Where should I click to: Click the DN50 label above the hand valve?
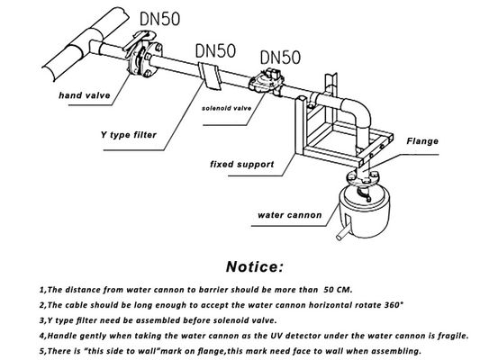(159, 19)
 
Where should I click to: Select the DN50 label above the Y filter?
(215, 51)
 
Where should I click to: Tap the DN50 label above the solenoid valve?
(280, 58)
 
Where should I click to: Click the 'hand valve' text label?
(85, 95)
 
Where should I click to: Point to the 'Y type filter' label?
(129, 135)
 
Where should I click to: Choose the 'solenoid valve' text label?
(226, 109)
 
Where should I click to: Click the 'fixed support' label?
(242, 165)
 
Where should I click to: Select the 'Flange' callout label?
(422, 141)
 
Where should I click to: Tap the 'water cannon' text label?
(289, 215)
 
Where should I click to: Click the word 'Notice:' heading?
(255, 266)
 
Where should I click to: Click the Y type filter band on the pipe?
(210, 76)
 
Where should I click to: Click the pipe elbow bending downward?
(358, 112)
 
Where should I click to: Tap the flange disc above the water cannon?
(362, 179)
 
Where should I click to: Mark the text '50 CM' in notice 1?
(338, 290)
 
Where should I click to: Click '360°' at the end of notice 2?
(394, 305)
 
